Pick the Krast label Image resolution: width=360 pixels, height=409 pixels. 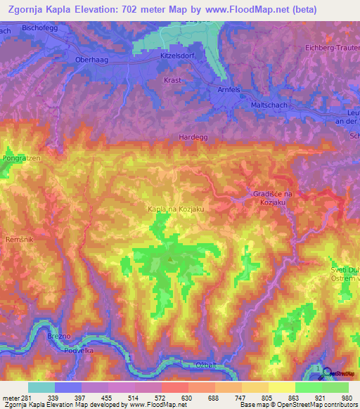point(172,80)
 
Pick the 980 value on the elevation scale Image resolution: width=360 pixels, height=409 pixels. point(345,398)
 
